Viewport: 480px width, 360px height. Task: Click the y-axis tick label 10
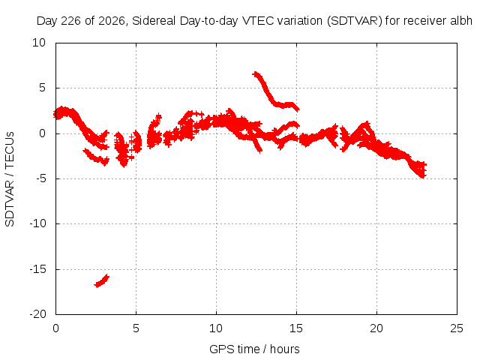(x=39, y=43)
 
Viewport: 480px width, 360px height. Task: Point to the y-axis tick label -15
(x=38, y=269)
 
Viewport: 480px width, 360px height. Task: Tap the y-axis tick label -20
(x=38, y=314)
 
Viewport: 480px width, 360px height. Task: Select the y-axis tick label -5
(x=41, y=178)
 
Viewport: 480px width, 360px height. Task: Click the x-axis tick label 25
(x=457, y=328)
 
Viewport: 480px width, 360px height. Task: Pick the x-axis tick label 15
(x=296, y=328)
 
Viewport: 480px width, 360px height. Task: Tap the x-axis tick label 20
(x=376, y=328)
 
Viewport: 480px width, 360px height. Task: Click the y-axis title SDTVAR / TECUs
(x=10, y=179)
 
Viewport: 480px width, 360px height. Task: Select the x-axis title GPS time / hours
(x=254, y=349)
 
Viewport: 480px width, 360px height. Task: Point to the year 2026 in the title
(x=112, y=21)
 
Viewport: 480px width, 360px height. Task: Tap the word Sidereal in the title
(x=154, y=21)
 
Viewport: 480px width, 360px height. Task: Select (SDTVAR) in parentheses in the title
(x=355, y=21)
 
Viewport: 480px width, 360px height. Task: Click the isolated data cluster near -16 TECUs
(x=102, y=280)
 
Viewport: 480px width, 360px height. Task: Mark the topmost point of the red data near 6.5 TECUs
(x=255, y=73)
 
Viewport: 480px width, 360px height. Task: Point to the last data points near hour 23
(x=423, y=169)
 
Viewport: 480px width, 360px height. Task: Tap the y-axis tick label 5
(x=42, y=88)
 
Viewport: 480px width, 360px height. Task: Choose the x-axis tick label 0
(x=55, y=328)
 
